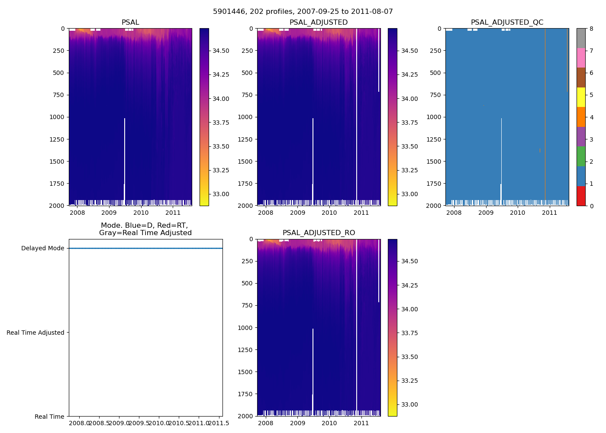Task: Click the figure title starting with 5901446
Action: click(303, 12)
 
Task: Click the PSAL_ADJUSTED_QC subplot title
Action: click(507, 23)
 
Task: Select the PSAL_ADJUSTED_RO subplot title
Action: click(319, 233)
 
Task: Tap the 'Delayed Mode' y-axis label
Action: click(42, 249)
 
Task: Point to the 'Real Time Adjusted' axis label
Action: click(35, 333)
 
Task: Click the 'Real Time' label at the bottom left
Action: click(49, 417)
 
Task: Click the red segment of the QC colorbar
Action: click(581, 196)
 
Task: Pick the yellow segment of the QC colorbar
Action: click(581, 97)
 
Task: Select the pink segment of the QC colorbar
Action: click(581, 58)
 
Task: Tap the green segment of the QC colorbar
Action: click(581, 156)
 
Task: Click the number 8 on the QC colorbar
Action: click(591, 29)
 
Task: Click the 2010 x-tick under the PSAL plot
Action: click(141, 213)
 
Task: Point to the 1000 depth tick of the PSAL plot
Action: click(57, 117)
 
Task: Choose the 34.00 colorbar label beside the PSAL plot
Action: click(221, 99)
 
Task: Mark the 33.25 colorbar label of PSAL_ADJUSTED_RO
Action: click(409, 381)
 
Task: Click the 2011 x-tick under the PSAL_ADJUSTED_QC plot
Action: click(550, 213)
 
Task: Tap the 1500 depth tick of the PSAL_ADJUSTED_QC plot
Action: click(434, 162)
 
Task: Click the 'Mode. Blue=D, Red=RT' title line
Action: click(145, 226)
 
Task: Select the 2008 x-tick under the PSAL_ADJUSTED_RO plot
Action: click(265, 423)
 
